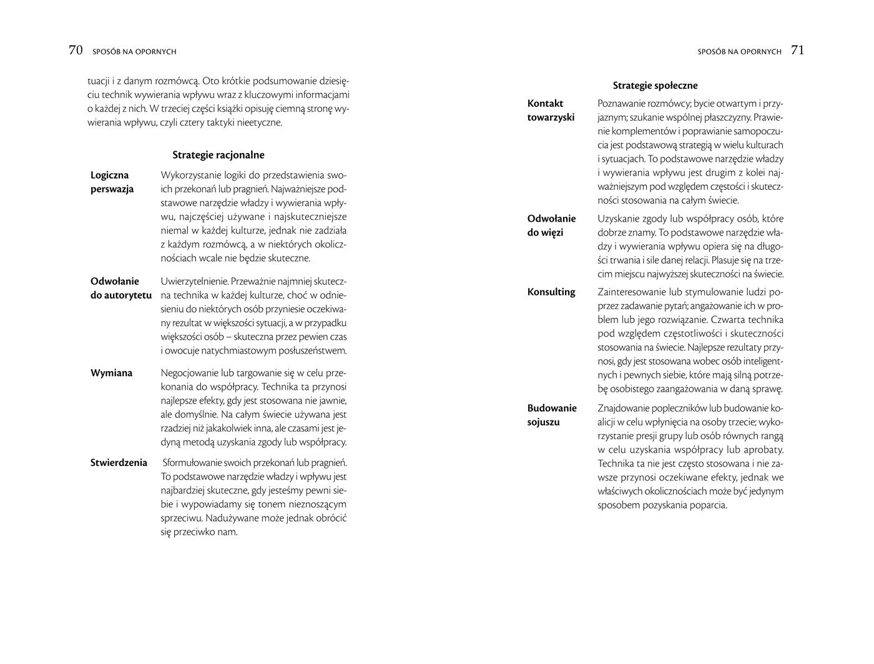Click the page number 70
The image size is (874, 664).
(76, 51)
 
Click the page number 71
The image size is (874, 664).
(797, 51)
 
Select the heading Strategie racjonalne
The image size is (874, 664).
(219, 155)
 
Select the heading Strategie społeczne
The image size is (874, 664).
(655, 86)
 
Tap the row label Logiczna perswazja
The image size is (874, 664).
(112, 182)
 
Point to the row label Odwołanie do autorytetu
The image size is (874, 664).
(121, 288)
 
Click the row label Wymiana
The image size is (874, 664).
(112, 373)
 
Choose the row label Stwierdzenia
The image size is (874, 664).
(119, 462)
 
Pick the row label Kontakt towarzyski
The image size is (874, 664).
(551, 110)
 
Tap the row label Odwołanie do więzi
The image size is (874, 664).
(551, 225)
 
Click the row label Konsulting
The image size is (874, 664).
(551, 292)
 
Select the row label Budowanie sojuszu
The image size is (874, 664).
(552, 415)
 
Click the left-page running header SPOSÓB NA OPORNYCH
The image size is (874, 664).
(134, 52)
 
